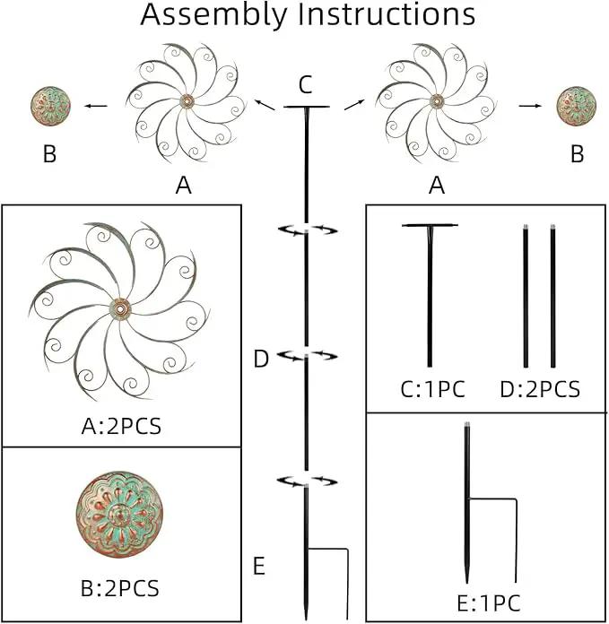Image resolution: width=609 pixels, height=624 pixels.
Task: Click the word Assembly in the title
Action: click(x=213, y=15)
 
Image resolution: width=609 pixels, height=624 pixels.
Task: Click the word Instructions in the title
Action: click(x=387, y=14)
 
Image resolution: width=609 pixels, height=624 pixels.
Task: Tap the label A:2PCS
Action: click(x=121, y=427)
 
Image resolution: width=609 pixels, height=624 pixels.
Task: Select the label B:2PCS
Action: click(x=120, y=588)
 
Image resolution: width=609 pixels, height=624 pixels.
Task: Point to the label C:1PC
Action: click(x=432, y=389)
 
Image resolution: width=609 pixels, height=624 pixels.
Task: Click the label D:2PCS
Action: click(x=540, y=389)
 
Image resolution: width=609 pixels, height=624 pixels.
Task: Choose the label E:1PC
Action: click(x=489, y=603)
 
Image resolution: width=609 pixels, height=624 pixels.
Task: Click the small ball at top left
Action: click(x=50, y=107)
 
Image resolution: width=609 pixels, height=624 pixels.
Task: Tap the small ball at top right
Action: click(x=577, y=107)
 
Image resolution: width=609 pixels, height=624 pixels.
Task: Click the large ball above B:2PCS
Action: click(x=119, y=515)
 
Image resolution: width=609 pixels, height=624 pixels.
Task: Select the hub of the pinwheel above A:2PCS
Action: click(x=120, y=308)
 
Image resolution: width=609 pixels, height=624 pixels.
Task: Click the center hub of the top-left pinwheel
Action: click(x=187, y=100)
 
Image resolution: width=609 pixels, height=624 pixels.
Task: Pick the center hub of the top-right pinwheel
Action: click(x=437, y=100)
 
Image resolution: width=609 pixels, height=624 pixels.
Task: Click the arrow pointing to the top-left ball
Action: click(x=96, y=106)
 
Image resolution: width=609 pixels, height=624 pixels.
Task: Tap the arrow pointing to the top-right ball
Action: click(x=530, y=106)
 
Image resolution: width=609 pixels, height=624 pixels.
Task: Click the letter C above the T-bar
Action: click(x=305, y=85)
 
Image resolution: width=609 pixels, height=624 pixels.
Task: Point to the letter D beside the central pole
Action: click(x=261, y=359)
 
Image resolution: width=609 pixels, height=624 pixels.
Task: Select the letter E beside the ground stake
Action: click(x=259, y=566)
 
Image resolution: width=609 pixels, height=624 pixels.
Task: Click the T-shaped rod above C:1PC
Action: click(x=430, y=295)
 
